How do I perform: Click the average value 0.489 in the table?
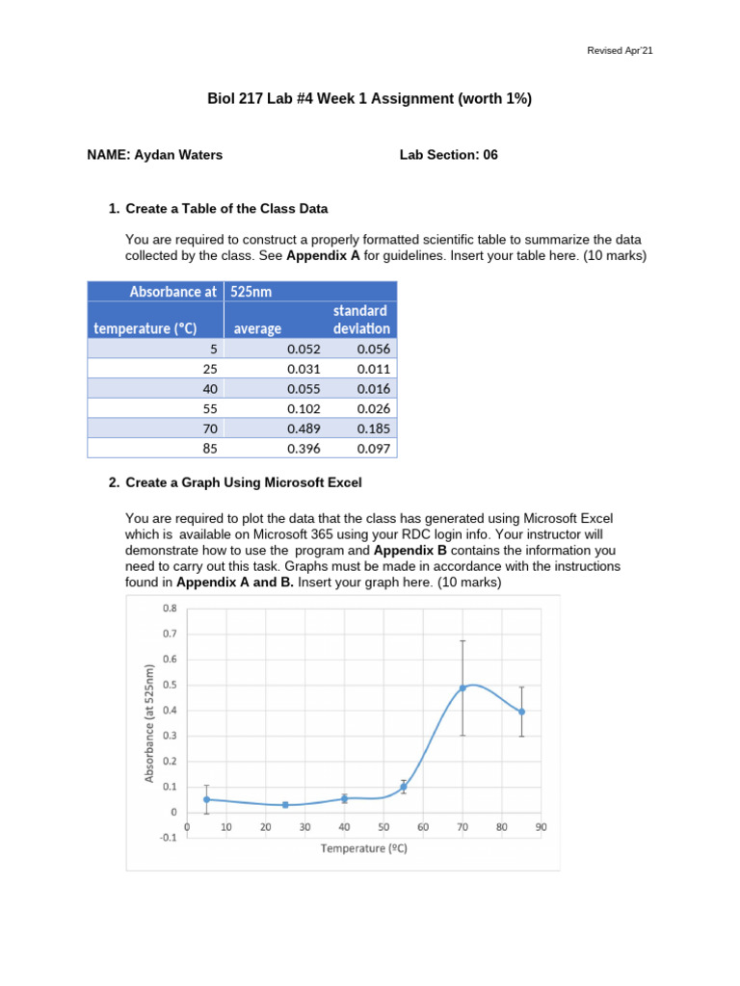click(304, 428)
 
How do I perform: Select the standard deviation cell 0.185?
click(373, 428)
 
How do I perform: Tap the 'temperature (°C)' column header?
click(145, 328)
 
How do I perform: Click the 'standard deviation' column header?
click(360, 319)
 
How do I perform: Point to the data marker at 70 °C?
click(462, 688)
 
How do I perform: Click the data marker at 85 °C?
click(521, 712)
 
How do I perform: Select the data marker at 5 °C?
click(206, 799)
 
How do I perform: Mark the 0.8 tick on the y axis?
click(170, 609)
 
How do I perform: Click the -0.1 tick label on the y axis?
click(168, 837)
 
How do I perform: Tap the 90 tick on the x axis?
click(542, 826)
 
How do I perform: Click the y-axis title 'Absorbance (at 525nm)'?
click(149, 723)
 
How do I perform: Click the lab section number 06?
click(490, 154)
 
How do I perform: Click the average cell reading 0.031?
click(304, 368)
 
